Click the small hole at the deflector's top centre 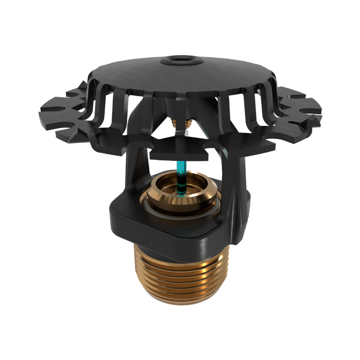pyautogui.click(x=179, y=61)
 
